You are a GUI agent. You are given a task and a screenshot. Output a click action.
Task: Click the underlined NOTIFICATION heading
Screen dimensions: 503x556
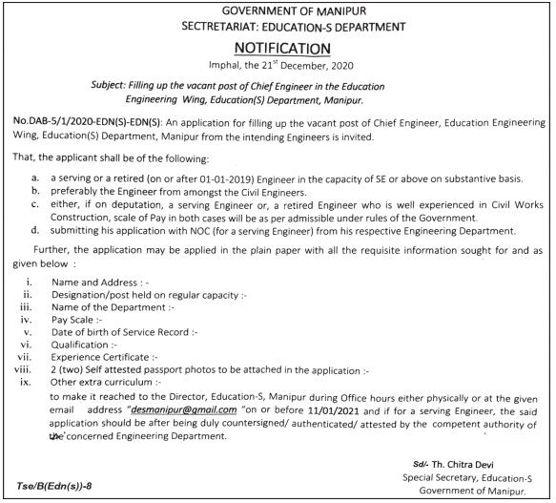278,47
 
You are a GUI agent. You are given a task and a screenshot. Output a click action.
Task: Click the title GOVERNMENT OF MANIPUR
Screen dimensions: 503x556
278,10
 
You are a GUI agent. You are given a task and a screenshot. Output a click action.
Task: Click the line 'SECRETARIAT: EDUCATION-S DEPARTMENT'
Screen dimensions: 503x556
278,26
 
